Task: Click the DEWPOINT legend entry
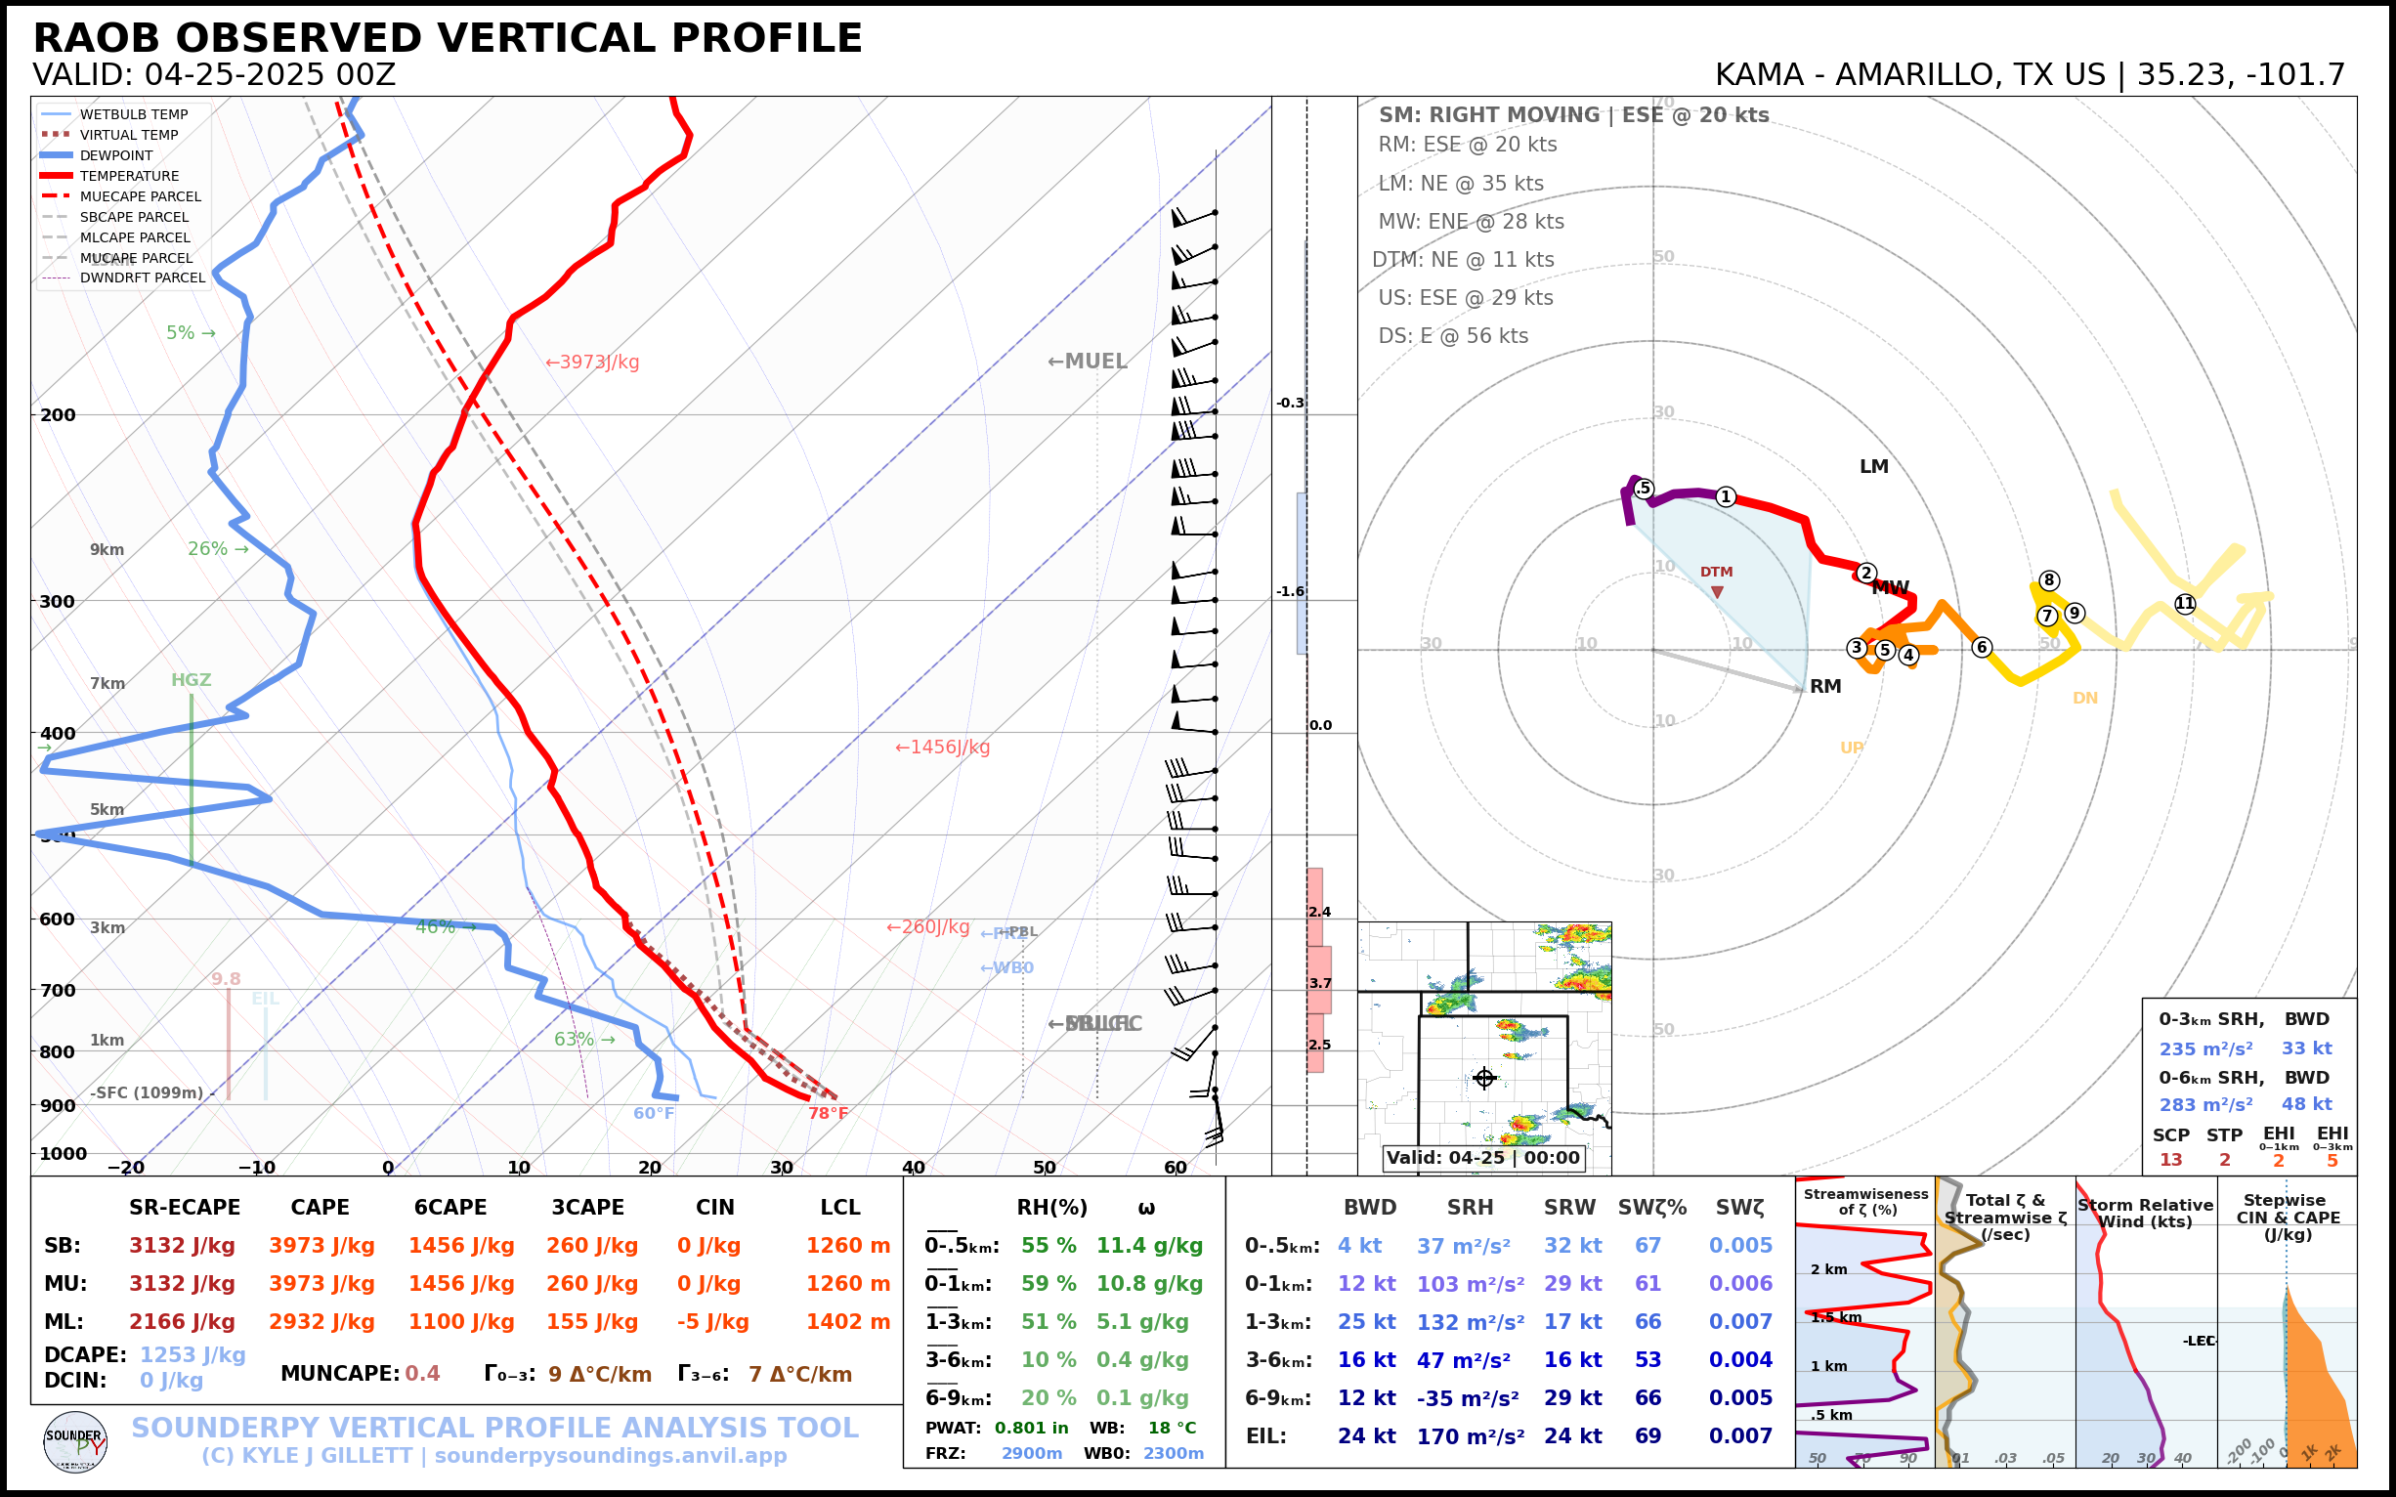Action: (x=116, y=155)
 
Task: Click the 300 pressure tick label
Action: (x=58, y=602)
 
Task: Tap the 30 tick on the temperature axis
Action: (x=781, y=1168)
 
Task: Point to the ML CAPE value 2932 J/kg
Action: (x=321, y=1322)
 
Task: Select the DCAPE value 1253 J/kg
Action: (x=193, y=1354)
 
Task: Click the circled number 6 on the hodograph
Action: (x=1981, y=648)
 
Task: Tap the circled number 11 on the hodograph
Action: (x=2185, y=604)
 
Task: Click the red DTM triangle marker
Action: (x=1717, y=592)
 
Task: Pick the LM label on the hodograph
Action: (x=1873, y=466)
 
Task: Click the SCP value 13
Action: (x=2170, y=1159)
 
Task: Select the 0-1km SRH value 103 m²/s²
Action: (x=1471, y=1284)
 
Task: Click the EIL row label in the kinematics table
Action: (x=1265, y=1435)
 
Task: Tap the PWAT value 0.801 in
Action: (x=1031, y=1428)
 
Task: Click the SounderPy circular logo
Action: (x=75, y=1442)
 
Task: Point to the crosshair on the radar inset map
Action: (x=1484, y=1078)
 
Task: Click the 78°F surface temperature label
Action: (x=828, y=1113)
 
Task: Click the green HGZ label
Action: (x=192, y=680)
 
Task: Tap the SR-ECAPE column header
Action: (x=184, y=1208)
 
